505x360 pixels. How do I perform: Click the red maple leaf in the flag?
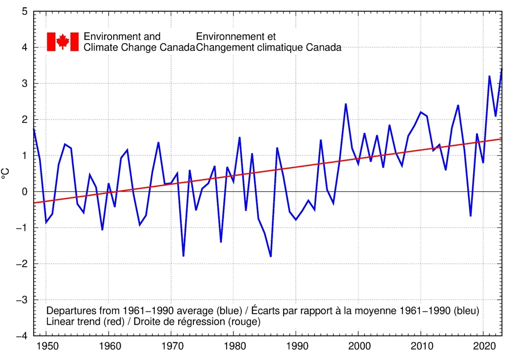pyautogui.click(x=63, y=41)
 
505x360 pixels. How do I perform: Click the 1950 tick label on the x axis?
pyautogui.click(x=46, y=345)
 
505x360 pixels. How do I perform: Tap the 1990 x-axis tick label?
pyautogui.click(x=296, y=345)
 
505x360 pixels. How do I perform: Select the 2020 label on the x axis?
pyautogui.click(x=484, y=345)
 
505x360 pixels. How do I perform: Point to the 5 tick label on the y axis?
pyautogui.click(x=24, y=11)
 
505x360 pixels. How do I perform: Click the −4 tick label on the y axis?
pyautogui.click(x=21, y=336)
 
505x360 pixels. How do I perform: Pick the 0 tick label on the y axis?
pyautogui.click(x=24, y=191)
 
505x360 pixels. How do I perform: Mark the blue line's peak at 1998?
pyautogui.click(x=346, y=104)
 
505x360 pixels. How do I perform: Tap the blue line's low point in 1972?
pyautogui.click(x=183, y=256)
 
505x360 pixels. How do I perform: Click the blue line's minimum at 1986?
pyautogui.click(x=271, y=256)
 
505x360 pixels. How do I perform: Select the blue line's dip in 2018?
pyautogui.click(x=470, y=216)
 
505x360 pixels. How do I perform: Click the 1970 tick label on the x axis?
pyautogui.click(x=171, y=345)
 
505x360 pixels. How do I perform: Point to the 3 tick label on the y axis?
pyautogui.click(x=24, y=84)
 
